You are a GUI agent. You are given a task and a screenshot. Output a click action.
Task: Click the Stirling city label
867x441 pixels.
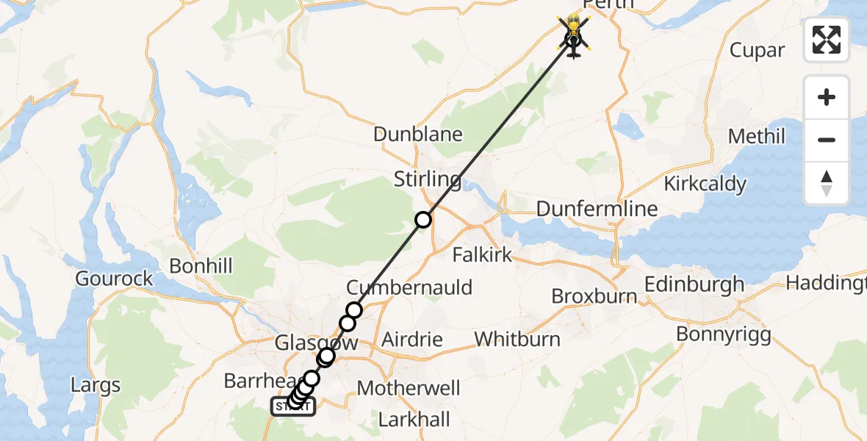pos(428,179)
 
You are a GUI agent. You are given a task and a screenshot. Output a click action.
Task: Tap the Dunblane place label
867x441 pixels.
pos(418,135)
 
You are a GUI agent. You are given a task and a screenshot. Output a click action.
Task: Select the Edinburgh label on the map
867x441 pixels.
pos(694,284)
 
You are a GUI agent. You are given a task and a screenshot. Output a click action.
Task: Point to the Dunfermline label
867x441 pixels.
pos(597,209)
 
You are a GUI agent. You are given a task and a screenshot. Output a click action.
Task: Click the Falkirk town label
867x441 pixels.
pos(482,255)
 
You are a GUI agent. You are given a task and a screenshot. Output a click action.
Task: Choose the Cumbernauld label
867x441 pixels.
pos(410,287)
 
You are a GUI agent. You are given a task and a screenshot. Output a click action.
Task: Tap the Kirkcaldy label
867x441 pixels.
pos(705,184)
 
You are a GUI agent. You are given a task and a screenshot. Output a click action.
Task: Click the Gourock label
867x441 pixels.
pos(115,279)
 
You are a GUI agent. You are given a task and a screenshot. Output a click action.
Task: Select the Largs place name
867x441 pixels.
pos(96,384)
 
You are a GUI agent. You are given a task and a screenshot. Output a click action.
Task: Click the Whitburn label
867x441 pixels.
pos(517,340)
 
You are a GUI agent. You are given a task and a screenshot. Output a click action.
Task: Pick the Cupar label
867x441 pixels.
pos(758,50)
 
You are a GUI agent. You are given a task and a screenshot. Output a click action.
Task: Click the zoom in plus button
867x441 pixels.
pos(827,97)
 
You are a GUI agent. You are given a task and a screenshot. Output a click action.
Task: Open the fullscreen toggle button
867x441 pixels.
pos(827,39)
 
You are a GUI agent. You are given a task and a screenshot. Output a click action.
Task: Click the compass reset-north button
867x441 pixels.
pos(827,182)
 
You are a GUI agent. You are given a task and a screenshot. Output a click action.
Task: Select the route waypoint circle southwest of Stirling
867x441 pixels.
pos(423,219)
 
